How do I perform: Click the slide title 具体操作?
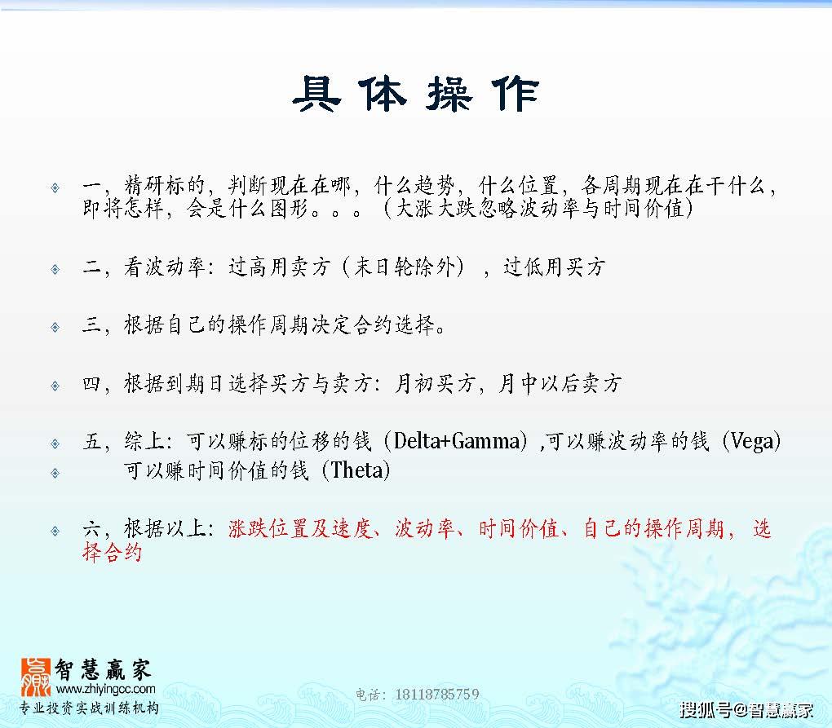[x=415, y=94]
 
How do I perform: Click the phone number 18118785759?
[x=436, y=694]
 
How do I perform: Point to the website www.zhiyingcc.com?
[x=105, y=690]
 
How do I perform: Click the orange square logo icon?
[x=36, y=677]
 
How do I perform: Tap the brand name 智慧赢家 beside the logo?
[x=103, y=669]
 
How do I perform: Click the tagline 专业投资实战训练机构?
[x=89, y=708]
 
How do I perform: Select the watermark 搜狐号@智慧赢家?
[x=746, y=709]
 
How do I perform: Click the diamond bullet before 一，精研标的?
[x=55, y=188]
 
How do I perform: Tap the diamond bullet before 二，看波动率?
[x=55, y=269]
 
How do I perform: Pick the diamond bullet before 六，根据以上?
[x=55, y=531]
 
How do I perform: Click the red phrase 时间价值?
[x=518, y=528]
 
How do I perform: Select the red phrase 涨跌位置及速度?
[x=299, y=528]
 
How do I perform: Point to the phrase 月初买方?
[x=434, y=383]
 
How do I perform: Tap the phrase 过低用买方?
[x=554, y=267]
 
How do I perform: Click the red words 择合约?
[x=112, y=552]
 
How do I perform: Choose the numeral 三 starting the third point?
[x=92, y=324]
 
